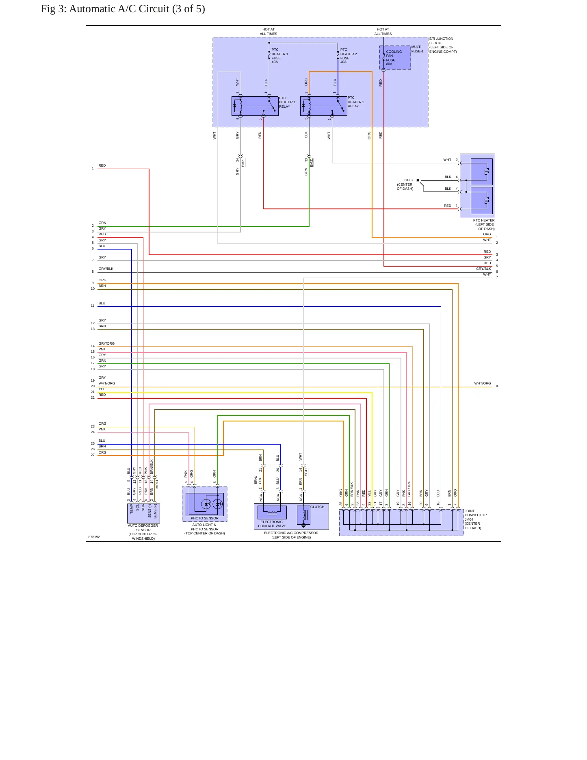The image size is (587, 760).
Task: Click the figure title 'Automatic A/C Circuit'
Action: point(119,9)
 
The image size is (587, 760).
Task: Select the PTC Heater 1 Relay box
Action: point(255,106)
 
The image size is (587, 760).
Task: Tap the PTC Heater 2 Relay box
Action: point(324,106)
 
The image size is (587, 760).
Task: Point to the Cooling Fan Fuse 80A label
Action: point(394,58)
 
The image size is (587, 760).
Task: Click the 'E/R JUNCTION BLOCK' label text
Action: point(441,41)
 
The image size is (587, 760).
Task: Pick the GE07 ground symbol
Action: point(418,180)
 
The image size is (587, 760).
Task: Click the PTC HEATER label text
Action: point(484,220)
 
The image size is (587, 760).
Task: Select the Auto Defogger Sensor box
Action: point(143,513)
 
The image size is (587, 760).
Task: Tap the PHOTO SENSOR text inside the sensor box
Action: point(205,518)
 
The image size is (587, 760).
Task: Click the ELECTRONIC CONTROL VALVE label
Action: point(272,524)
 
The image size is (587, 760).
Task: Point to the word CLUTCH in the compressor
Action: point(317,507)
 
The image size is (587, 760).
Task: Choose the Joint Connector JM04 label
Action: point(475,519)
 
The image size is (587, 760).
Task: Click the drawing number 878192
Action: point(94,537)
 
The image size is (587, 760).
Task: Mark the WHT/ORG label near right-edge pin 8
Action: point(483,383)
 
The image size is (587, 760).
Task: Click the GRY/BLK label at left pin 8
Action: point(106,269)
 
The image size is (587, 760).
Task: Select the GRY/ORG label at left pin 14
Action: point(106,343)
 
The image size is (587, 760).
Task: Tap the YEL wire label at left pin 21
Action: point(102,389)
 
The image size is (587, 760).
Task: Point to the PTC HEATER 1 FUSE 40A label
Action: point(279,56)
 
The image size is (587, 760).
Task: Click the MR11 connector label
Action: point(157,484)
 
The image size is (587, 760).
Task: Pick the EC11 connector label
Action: point(306,472)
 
